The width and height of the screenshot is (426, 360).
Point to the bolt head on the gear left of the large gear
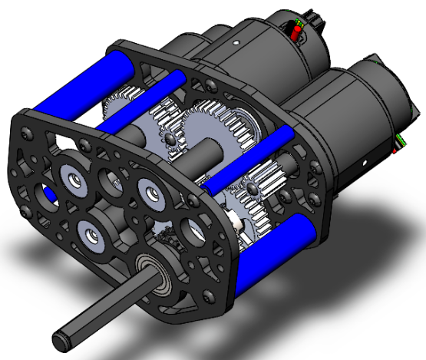coord(165,137)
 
